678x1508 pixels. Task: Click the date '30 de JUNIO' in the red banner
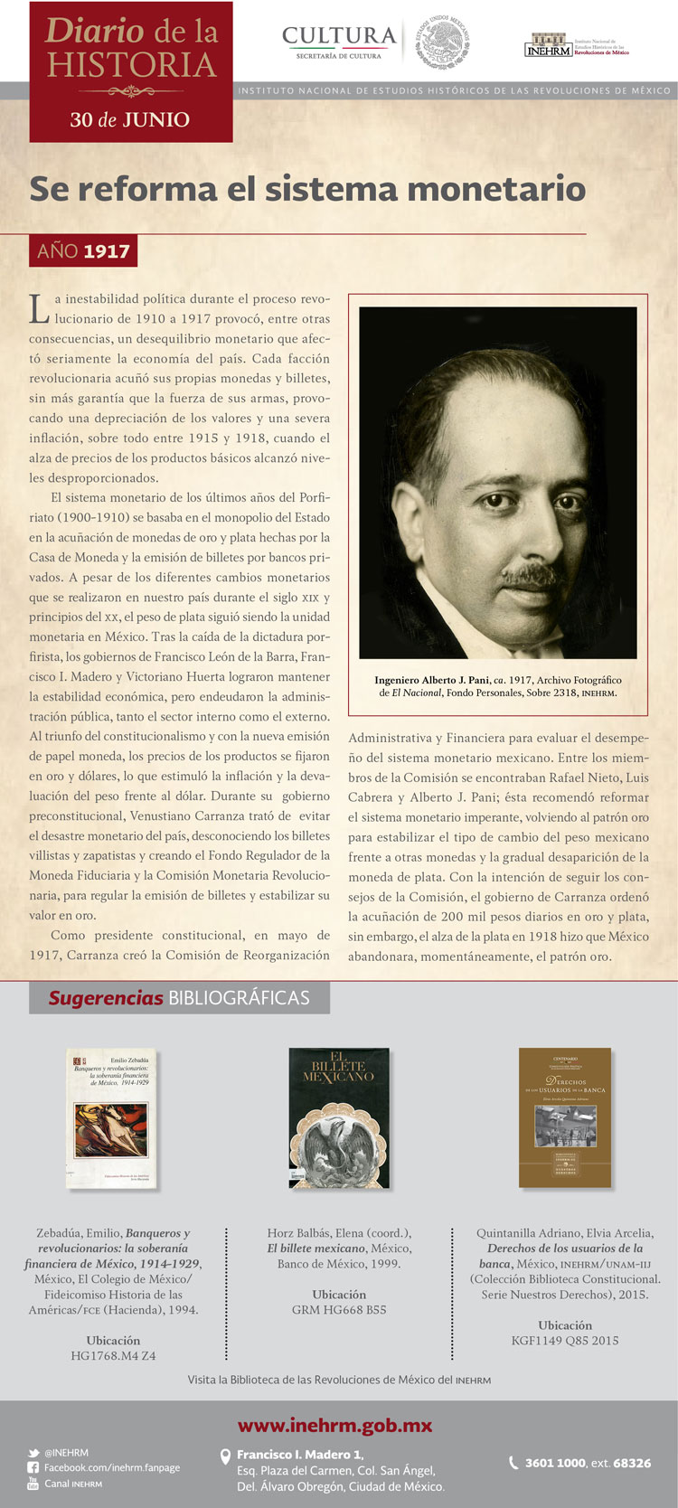130,119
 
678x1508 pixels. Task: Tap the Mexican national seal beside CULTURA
443,42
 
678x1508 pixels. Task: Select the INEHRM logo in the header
548,45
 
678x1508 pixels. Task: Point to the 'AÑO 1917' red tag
83,251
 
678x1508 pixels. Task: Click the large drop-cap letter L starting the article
39,309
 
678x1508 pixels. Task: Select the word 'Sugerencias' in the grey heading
106,998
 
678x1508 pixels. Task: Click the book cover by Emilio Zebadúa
112,1117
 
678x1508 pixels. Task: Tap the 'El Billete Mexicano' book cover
339,1117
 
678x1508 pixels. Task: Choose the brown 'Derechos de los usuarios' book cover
565,1117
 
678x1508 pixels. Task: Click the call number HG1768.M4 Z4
113,1356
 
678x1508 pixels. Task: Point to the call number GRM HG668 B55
339,1310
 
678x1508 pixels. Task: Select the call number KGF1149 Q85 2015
565,1341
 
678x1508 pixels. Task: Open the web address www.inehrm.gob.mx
335,1426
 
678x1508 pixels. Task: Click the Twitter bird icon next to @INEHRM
33,1453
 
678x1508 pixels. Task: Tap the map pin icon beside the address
226,1456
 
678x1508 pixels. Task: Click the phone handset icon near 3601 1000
513,1463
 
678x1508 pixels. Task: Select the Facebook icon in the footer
33,1468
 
